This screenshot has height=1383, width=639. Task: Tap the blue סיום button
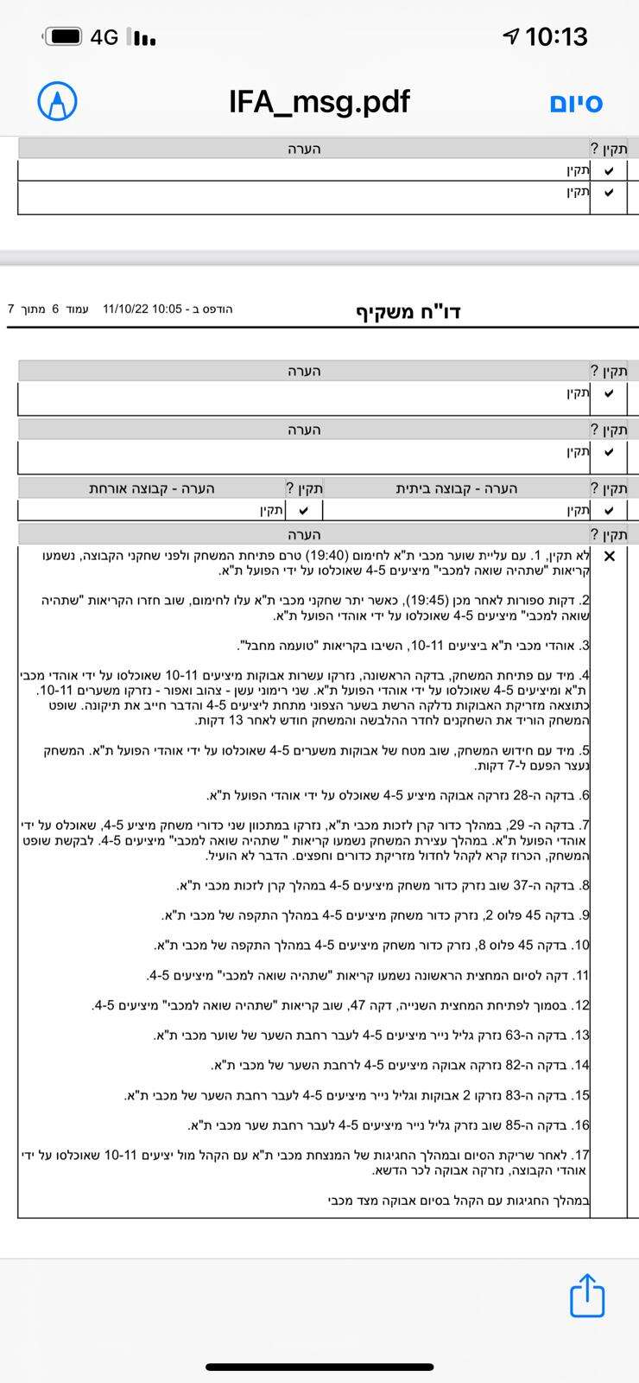click(x=576, y=103)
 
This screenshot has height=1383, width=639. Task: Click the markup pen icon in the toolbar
click(x=57, y=102)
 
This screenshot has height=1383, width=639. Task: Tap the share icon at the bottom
click(x=587, y=1295)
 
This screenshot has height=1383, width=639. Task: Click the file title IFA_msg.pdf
click(x=319, y=102)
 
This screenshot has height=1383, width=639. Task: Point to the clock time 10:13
click(x=556, y=36)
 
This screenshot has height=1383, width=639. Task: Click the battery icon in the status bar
click(x=65, y=36)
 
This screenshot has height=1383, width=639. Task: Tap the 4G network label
click(x=104, y=37)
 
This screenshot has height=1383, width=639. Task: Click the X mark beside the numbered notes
click(x=610, y=556)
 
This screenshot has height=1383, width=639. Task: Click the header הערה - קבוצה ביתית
click(x=457, y=488)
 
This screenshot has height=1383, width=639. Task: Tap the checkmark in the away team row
click(x=303, y=511)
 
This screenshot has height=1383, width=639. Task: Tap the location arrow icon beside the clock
click(x=511, y=36)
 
